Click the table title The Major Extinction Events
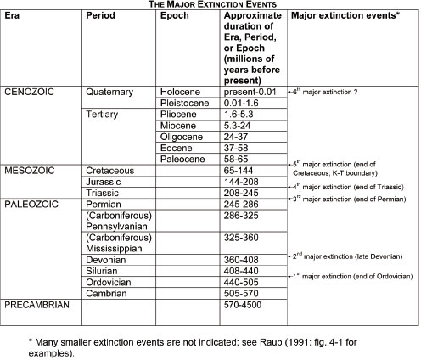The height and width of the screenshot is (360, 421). (x=210, y=5)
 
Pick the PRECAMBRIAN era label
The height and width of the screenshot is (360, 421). (x=39, y=303)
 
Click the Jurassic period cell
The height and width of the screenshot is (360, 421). (x=105, y=182)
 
